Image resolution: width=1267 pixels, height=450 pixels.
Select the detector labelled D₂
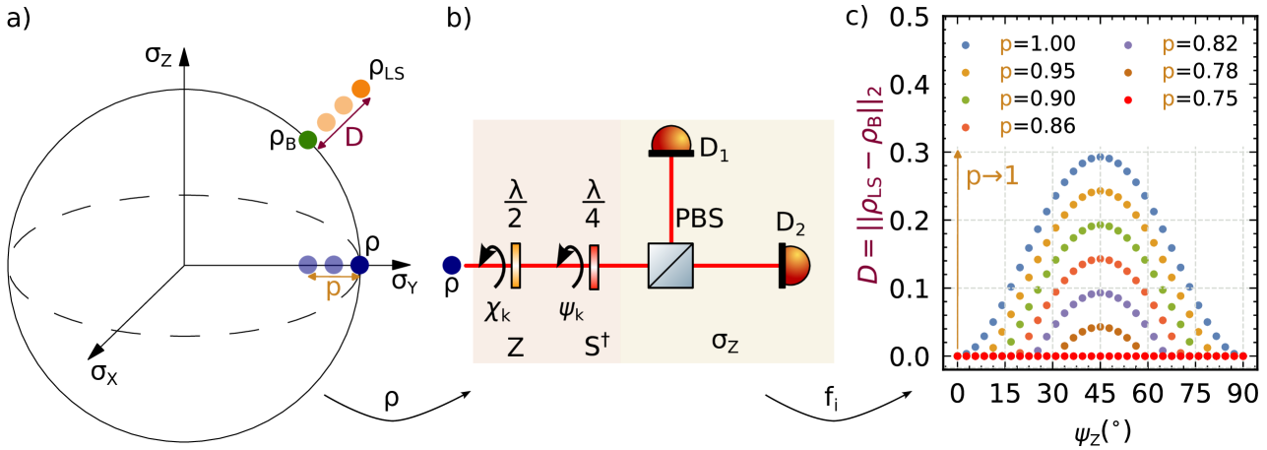point(794,265)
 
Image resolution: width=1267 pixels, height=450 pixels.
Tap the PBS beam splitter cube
point(670,265)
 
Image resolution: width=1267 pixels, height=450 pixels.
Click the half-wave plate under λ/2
point(515,265)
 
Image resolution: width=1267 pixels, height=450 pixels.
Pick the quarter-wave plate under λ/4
point(594,267)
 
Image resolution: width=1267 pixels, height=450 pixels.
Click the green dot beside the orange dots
point(308,140)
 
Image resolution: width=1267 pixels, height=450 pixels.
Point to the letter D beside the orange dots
point(354,138)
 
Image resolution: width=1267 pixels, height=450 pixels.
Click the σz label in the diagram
point(726,342)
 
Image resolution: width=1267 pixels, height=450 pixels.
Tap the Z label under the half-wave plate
point(515,347)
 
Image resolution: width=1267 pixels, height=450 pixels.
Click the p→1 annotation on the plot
point(991,177)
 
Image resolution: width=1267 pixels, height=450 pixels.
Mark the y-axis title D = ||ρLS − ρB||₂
point(869,185)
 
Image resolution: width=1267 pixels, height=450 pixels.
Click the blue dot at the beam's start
point(452,265)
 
